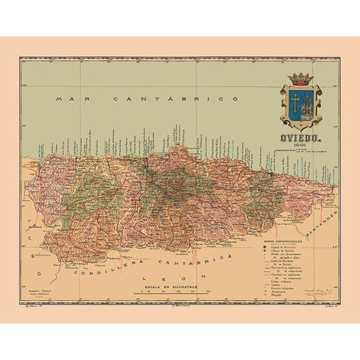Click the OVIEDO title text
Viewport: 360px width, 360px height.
(300, 136)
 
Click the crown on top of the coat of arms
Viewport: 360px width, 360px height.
(300, 78)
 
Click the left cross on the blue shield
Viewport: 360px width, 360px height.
(293, 103)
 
